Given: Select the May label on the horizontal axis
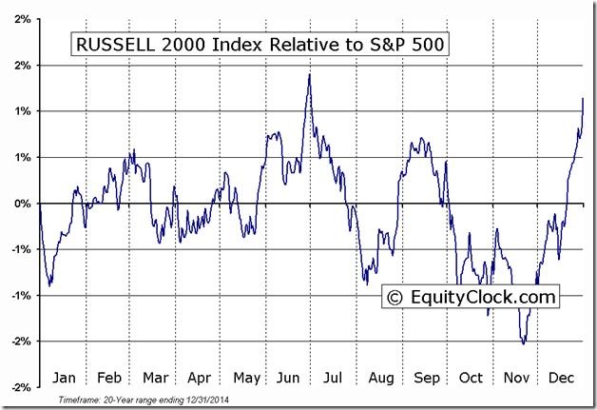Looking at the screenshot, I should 245,376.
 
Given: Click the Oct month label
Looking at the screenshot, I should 472,376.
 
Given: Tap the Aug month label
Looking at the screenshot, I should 381,376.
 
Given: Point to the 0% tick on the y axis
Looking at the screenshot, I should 22,204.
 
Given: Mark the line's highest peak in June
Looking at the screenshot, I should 310,74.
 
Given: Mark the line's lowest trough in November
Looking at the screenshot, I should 523,343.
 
